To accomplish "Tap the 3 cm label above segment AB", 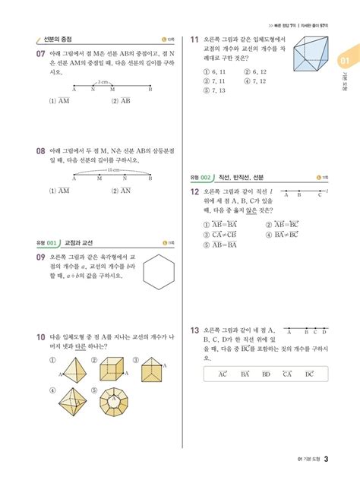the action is (x=103, y=81).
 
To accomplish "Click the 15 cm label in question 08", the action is (x=114, y=170).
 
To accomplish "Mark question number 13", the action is (x=195, y=330).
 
